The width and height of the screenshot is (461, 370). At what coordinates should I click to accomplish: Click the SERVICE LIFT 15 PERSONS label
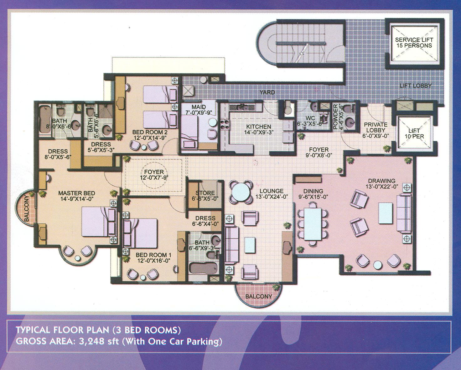coord(414,42)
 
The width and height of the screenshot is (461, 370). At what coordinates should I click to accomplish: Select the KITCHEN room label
coord(259,127)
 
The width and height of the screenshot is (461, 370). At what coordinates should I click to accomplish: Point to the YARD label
coord(267,92)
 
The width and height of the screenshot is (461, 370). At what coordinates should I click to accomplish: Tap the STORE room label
coord(205,192)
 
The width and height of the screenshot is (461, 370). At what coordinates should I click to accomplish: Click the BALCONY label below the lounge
coord(258,296)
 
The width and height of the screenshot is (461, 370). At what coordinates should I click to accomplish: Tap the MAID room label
coord(199,107)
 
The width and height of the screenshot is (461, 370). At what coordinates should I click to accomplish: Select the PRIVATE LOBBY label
coord(376,127)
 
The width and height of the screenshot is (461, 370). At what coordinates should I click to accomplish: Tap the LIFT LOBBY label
coord(416,86)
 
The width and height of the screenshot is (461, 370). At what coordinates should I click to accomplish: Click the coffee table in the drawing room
coord(386,210)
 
